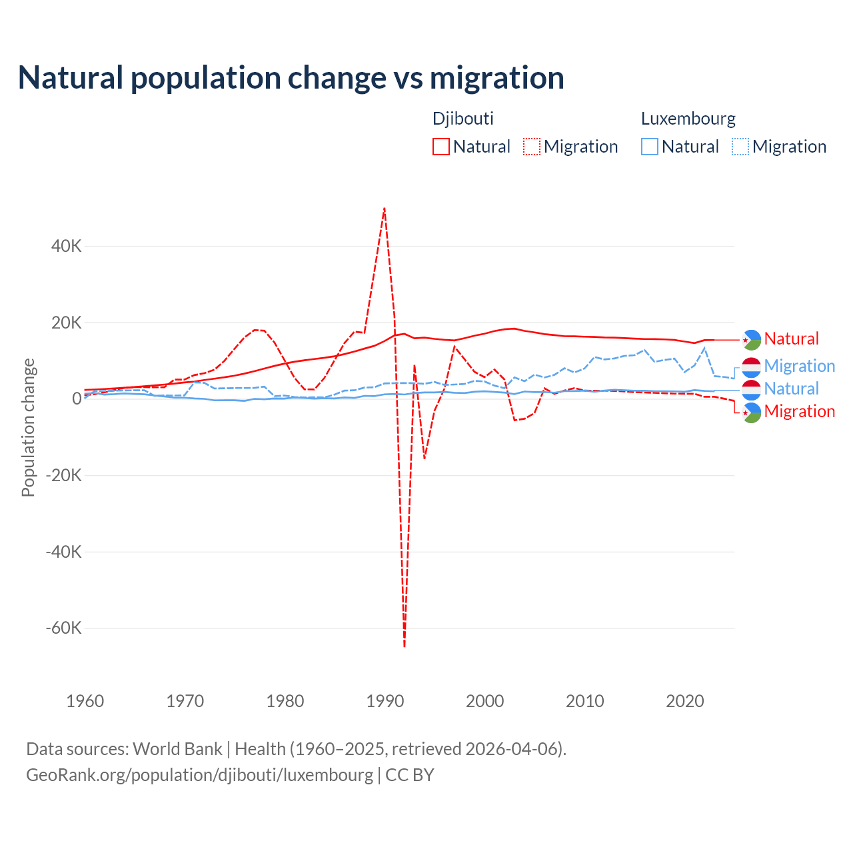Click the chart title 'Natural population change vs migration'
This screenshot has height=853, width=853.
point(291,78)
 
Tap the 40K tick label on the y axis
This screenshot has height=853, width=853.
point(66,246)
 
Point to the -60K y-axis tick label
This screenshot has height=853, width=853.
point(63,628)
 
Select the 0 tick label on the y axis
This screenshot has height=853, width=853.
point(77,399)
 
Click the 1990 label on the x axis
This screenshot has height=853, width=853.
point(385,701)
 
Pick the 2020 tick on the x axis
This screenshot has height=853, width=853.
point(685,701)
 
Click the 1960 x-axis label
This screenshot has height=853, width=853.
point(85,701)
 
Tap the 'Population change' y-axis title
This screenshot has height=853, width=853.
point(28,427)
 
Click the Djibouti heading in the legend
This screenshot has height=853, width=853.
point(463,119)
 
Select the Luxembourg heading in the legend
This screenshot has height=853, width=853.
point(688,119)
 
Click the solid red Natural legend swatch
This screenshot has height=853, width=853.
point(441,147)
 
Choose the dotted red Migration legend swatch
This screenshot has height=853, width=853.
point(532,147)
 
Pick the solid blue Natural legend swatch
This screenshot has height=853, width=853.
point(650,147)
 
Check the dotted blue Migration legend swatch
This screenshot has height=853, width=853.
point(740,147)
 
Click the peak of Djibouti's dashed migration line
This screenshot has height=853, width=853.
point(385,208)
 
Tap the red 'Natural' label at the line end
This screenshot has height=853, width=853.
point(791,339)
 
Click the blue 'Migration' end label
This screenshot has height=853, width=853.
point(800,366)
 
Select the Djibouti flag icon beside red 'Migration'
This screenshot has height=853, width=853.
point(752,413)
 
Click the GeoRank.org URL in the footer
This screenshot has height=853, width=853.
point(199,775)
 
